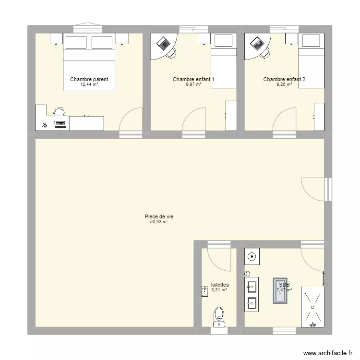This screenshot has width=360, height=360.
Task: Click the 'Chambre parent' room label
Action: (89, 79)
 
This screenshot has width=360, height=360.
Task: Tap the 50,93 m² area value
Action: (159, 222)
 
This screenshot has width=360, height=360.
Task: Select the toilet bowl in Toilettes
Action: (219, 317)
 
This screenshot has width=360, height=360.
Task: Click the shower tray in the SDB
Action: (312, 307)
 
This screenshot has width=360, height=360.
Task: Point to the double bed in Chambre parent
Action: (89, 62)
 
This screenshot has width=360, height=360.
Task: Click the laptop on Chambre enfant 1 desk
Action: (163, 44)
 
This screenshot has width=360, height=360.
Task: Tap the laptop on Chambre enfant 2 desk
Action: (257, 44)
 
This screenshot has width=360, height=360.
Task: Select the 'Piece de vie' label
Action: (159, 216)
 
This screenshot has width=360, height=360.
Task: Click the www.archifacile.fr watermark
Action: (328, 353)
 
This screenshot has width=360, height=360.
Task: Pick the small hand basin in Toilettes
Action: (204, 291)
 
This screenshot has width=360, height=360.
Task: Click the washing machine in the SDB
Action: (252, 256)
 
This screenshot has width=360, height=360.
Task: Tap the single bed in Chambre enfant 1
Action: (224, 60)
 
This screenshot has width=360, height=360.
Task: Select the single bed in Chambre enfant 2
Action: (312, 60)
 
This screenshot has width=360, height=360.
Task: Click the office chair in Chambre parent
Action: (60, 111)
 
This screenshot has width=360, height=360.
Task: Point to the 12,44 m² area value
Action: (89, 84)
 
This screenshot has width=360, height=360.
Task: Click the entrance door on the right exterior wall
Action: (316, 190)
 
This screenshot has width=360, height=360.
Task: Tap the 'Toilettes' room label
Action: (219, 285)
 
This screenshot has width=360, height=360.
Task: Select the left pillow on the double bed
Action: (76, 42)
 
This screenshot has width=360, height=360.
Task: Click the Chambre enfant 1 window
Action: (193, 29)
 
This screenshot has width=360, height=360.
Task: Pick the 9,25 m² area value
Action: (284, 84)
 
